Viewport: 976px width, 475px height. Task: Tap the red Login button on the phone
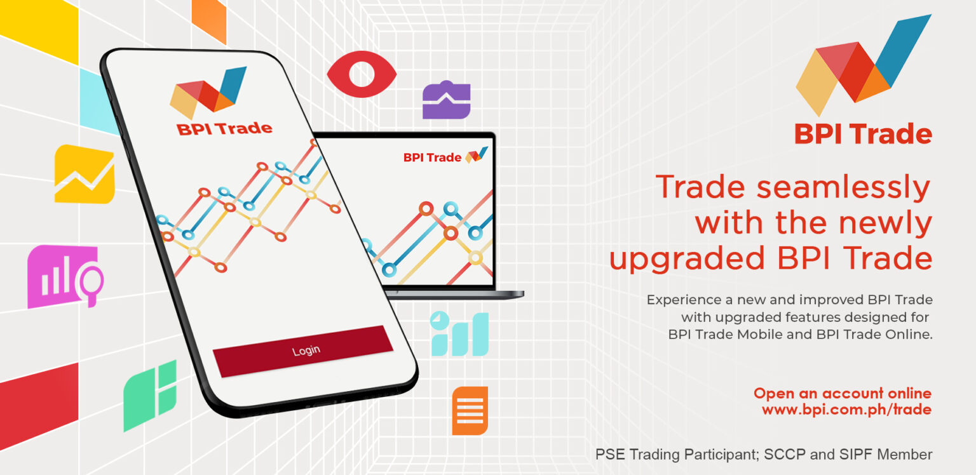tap(303, 351)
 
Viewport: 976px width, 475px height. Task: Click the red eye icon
tap(362, 74)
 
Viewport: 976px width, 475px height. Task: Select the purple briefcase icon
tap(446, 100)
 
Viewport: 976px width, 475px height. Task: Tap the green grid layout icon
tap(150, 395)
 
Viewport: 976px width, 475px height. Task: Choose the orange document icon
tap(470, 410)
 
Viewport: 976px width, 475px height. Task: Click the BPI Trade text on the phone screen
tap(224, 128)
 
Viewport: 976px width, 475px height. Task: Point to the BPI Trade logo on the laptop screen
tap(445, 156)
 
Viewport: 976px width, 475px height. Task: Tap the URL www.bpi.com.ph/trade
tap(846, 410)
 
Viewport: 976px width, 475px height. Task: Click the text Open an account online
tap(842, 393)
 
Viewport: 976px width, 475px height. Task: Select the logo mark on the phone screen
tap(208, 93)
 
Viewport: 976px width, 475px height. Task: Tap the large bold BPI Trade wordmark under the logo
tap(863, 134)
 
